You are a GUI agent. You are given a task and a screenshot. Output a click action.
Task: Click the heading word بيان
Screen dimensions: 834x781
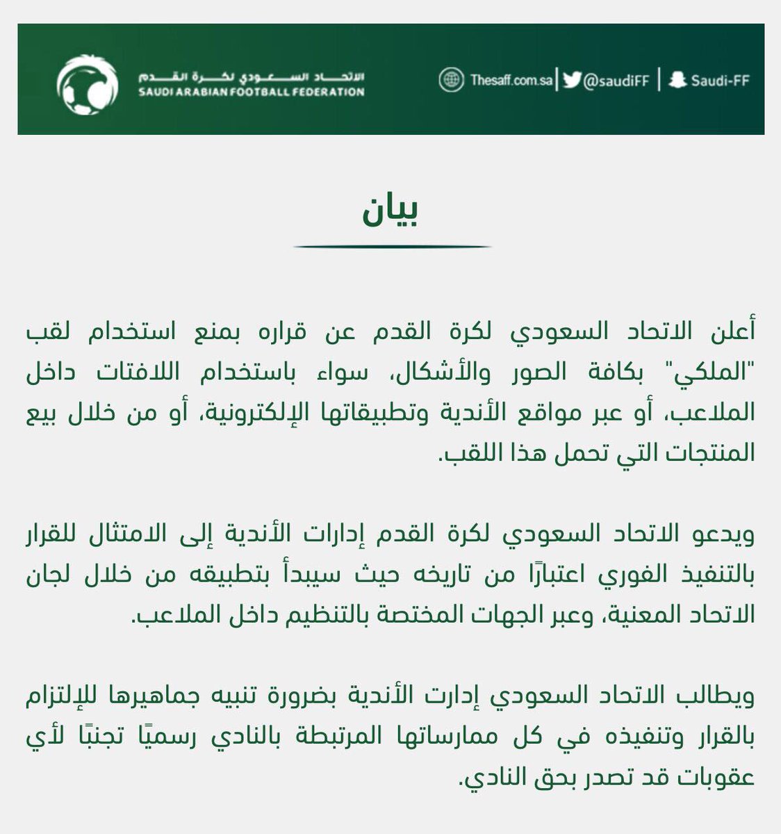pyautogui.click(x=390, y=213)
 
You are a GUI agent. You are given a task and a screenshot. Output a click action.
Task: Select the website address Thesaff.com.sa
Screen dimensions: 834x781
pyautogui.click(x=511, y=81)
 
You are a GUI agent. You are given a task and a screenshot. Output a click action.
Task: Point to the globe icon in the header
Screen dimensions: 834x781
pyautogui.click(x=451, y=80)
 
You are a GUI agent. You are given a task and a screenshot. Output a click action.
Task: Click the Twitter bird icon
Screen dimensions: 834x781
pyautogui.click(x=571, y=80)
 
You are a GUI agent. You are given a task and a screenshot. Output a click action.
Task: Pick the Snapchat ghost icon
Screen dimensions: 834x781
pyautogui.click(x=677, y=80)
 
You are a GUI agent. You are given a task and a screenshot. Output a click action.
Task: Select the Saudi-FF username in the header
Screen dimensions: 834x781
pyautogui.click(x=720, y=81)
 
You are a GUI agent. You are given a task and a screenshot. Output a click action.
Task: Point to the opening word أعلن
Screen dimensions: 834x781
pyautogui.click(x=732, y=332)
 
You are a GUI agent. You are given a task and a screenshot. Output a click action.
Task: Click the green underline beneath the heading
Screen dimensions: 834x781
pyautogui.click(x=392, y=246)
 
